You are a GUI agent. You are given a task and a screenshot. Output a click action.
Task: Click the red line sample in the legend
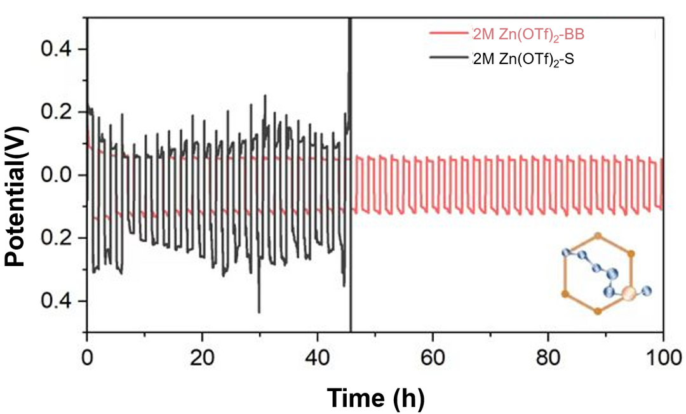450,33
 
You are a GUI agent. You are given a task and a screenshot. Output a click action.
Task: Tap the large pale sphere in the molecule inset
628,293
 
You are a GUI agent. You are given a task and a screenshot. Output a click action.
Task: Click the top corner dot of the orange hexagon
597,235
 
